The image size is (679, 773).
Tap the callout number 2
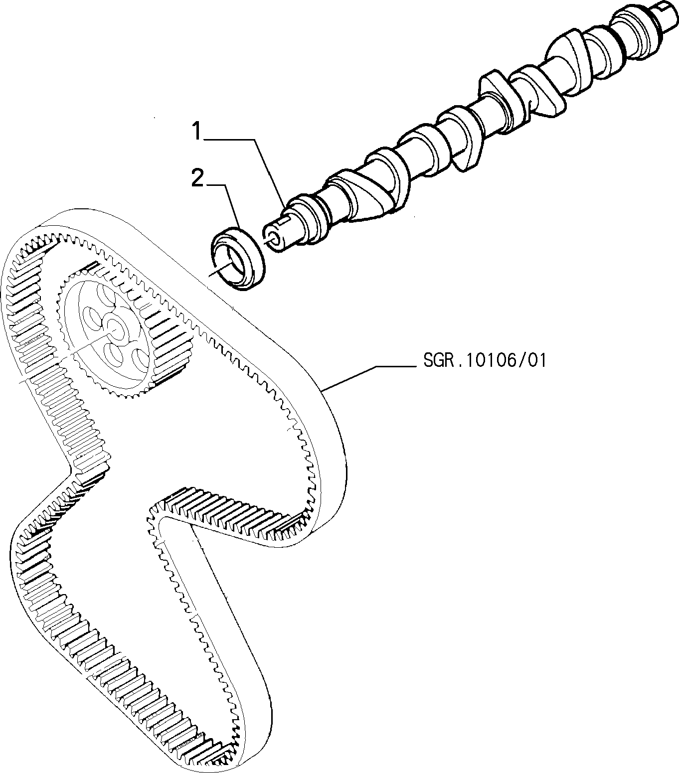tap(197, 178)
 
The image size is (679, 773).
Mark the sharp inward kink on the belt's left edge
tap(70, 468)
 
